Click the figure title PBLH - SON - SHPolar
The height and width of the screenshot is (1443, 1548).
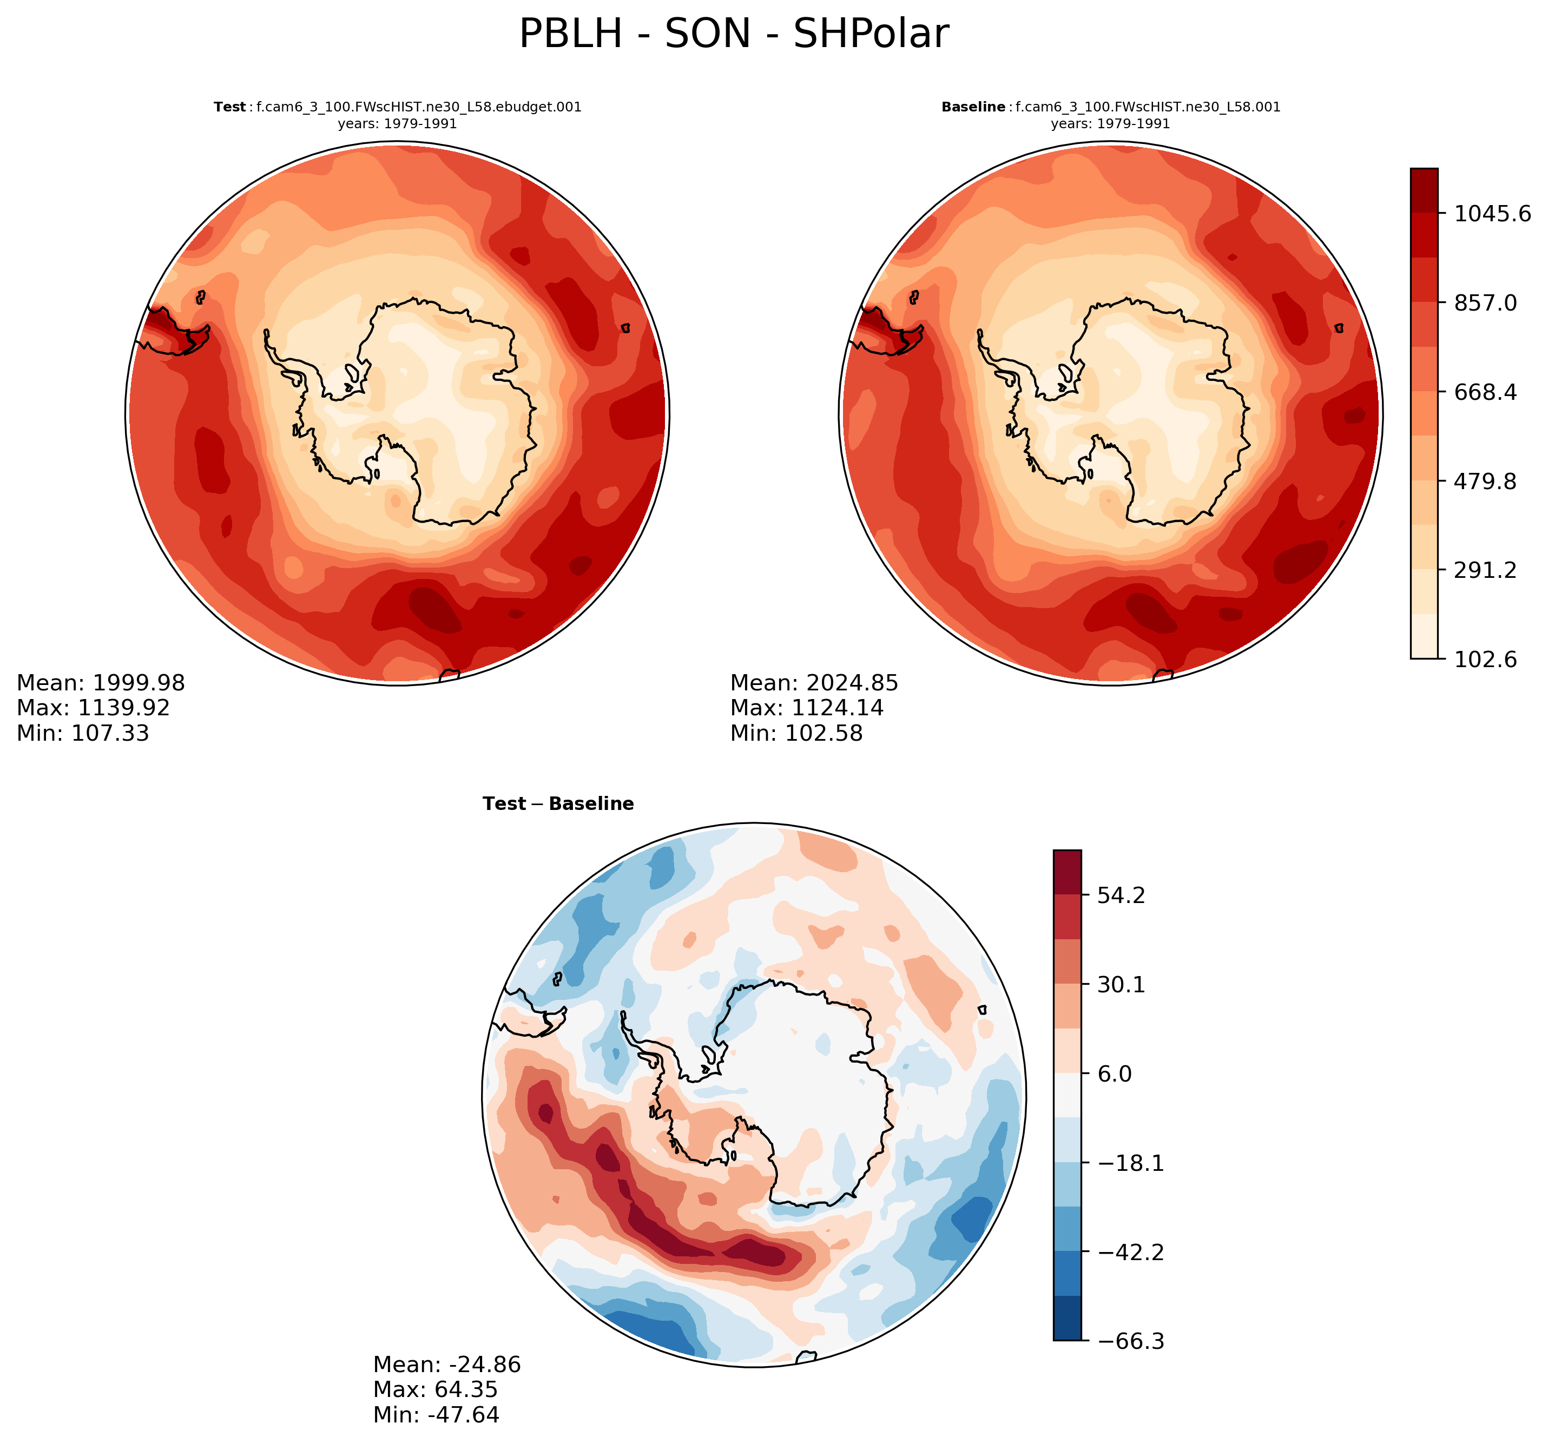point(734,34)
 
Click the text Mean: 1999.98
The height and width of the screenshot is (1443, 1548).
point(101,683)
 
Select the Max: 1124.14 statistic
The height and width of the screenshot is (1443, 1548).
point(807,708)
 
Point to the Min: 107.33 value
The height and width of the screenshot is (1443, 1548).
point(83,733)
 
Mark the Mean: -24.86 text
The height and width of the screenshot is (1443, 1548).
point(447,1365)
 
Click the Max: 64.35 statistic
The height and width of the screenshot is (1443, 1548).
point(435,1389)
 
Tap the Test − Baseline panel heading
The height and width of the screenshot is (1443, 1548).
point(558,803)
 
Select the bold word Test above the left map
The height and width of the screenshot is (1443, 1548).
point(230,108)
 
